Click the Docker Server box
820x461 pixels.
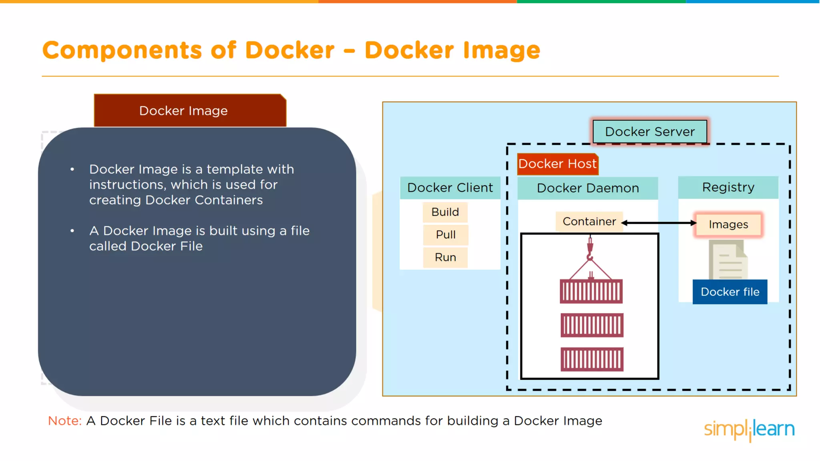(x=649, y=132)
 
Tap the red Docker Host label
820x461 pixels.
(x=557, y=164)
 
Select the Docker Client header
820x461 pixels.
(x=450, y=188)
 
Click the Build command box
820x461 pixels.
(x=445, y=212)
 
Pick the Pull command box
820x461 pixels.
(x=446, y=235)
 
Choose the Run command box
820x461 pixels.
(x=445, y=257)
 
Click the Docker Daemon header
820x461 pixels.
(x=588, y=188)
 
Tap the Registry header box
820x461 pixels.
(x=728, y=187)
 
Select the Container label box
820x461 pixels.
(x=589, y=222)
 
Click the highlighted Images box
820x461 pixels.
(x=728, y=224)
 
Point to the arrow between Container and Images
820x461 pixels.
(x=659, y=223)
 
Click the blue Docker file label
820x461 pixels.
(x=730, y=292)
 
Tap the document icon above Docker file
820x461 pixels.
(x=728, y=260)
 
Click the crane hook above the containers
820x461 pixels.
(x=590, y=250)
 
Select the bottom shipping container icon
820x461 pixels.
(x=592, y=359)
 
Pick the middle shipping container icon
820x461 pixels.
(x=592, y=325)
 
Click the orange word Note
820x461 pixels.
(x=64, y=421)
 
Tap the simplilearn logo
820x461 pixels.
(x=749, y=429)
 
